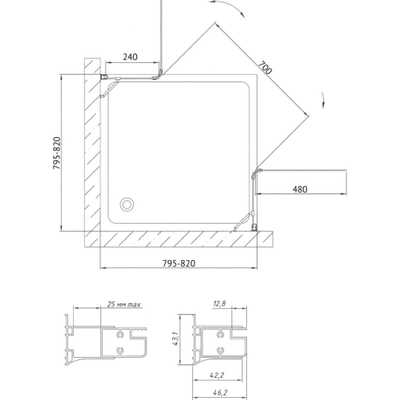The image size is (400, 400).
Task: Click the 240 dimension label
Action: (130, 56)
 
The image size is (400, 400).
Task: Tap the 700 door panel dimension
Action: (265, 67)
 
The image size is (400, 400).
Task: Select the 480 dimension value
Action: (299, 189)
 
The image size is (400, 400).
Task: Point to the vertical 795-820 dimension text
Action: (56, 153)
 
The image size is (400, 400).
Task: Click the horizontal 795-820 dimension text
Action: (179, 263)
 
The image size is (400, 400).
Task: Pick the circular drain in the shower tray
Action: (127, 204)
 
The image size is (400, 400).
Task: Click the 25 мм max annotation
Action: (123, 304)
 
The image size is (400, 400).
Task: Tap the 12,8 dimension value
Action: (219, 303)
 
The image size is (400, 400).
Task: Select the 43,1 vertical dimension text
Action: (175, 339)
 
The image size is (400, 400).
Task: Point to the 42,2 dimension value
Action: (217, 375)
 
